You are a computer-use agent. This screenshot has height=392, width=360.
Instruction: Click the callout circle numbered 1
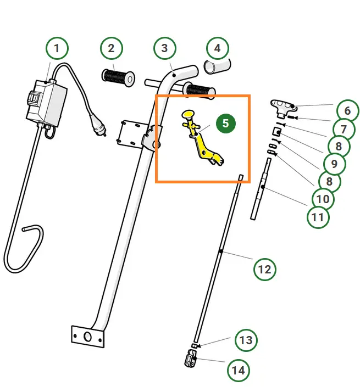click(x=57, y=48)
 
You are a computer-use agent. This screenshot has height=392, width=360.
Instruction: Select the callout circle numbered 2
click(x=112, y=48)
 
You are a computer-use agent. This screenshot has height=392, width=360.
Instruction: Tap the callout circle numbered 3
click(x=164, y=48)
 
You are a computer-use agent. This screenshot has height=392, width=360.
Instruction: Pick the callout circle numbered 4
click(x=217, y=48)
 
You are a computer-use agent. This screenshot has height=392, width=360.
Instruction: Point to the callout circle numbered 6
click(x=347, y=111)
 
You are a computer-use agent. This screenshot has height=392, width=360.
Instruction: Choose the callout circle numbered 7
click(x=344, y=129)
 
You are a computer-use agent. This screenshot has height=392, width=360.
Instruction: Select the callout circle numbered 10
click(x=323, y=199)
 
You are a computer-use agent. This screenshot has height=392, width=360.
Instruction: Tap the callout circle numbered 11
click(x=318, y=217)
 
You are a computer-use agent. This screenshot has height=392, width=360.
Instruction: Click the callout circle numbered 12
click(x=265, y=270)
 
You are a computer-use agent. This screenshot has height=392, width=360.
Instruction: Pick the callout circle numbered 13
click(x=246, y=340)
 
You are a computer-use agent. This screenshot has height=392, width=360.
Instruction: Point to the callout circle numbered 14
click(x=238, y=371)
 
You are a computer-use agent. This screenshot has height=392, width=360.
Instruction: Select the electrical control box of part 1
click(x=46, y=102)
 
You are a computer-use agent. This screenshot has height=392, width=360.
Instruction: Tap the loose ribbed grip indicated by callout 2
click(x=117, y=76)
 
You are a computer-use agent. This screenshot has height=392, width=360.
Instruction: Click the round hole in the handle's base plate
click(x=87, y=336)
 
